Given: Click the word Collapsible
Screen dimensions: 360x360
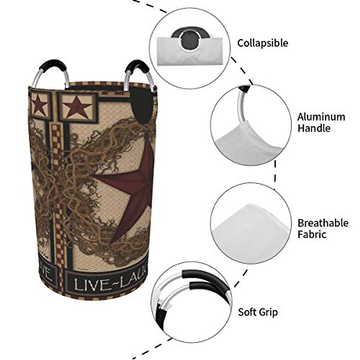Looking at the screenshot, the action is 262,43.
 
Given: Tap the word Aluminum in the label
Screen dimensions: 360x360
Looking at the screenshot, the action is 321,117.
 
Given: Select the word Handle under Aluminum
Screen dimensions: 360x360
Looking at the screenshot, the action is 314,128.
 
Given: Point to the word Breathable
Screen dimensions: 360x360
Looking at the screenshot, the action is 323,223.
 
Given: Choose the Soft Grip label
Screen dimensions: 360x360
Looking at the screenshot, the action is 258,312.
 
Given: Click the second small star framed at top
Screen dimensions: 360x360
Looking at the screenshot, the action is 78,106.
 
